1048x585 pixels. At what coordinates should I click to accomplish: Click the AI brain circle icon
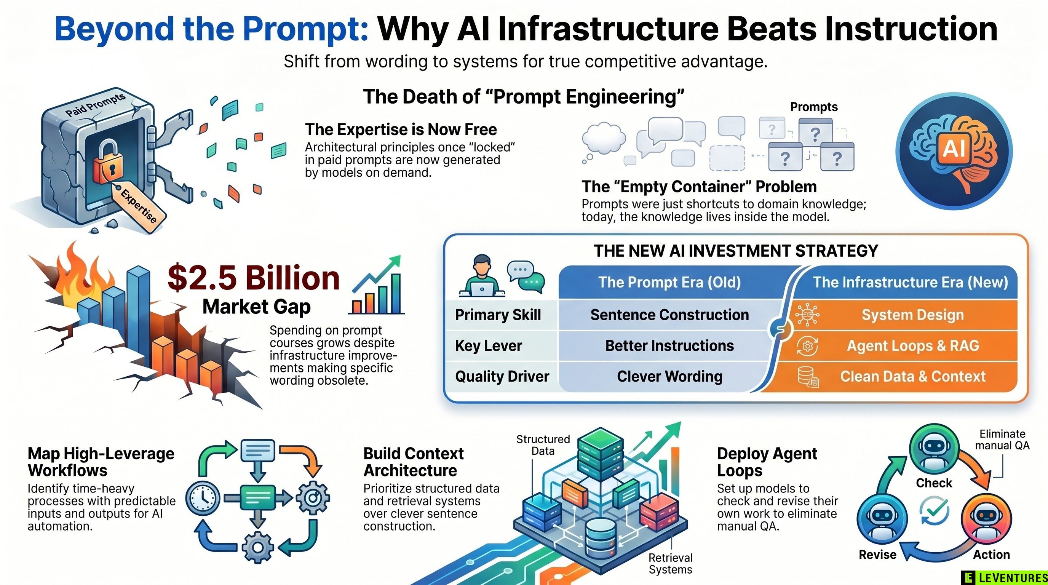954,150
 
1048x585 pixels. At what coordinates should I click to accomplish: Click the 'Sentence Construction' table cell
669,315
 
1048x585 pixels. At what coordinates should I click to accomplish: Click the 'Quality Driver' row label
502,377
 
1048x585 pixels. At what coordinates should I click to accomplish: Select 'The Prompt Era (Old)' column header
669,282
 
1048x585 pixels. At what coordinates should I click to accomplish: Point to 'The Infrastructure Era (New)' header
911,282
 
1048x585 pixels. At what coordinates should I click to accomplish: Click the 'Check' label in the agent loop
934,483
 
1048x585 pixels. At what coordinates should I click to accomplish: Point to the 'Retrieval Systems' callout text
671,563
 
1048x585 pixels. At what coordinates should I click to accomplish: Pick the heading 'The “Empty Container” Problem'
699,187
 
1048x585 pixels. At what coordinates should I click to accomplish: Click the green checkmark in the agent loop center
935,510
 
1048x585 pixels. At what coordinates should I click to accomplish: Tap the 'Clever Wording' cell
669,377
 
